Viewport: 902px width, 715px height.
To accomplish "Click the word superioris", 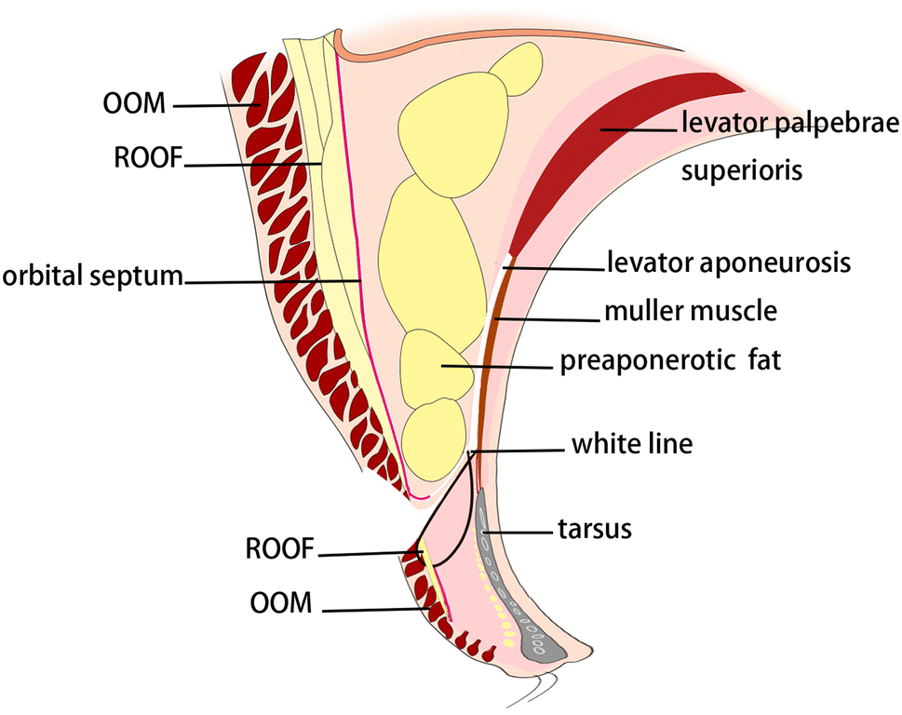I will click(743, 171).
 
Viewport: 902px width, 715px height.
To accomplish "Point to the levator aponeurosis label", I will click(729, 263).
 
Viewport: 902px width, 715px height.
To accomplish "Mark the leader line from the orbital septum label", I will click(270, 279).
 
